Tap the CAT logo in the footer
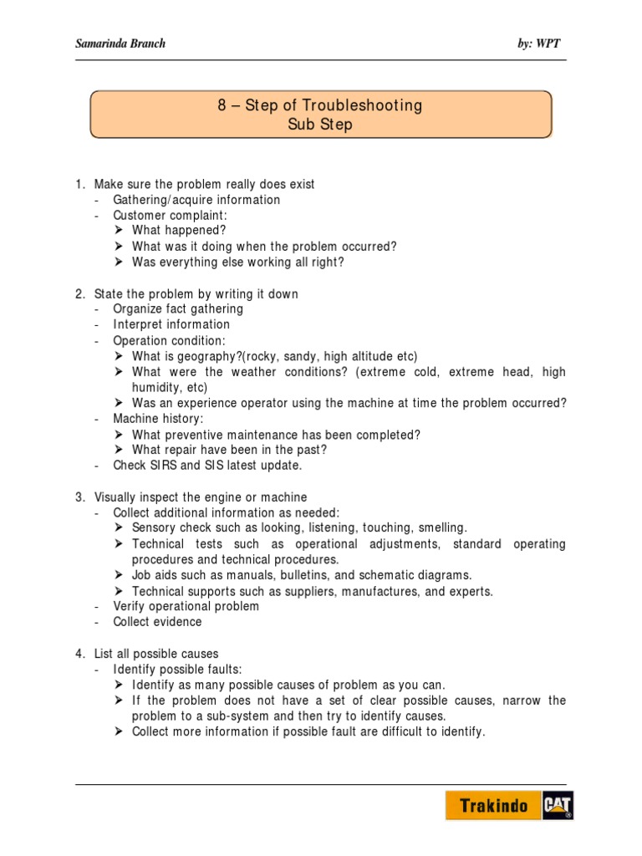(x=558, y=806)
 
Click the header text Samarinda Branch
(x=120, y=43)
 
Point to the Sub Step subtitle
(x=320, y=125)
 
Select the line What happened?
(x=179, y=231)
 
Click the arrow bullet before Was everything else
(x=119, y=262)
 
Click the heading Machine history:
(x=158, y=419)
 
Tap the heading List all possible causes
(x=156, y=653)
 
